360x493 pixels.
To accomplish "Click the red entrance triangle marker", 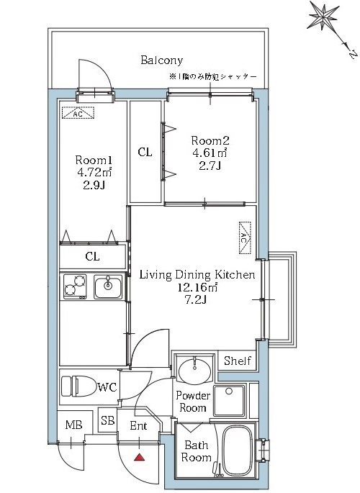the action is click(139, 457).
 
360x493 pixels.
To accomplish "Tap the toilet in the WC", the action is click(79, 386).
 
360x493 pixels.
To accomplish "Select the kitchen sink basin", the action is click(108, 287).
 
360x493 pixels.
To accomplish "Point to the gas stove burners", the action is click(75, 286).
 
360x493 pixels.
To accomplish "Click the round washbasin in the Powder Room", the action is click(195, 371).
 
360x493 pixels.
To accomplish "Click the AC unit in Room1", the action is click(78, 113).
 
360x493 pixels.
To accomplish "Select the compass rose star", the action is click(323, 16).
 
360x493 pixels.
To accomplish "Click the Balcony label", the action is click(161, 60).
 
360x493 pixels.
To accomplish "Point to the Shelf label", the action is click(238, 361).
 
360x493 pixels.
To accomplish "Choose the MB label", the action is click(74, 425).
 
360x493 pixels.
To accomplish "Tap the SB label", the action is click(108, 420).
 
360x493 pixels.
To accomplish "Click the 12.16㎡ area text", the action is click(198, 287).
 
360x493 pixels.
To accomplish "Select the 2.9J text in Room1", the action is click(94, 185).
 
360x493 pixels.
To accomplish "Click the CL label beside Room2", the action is click(145, 152).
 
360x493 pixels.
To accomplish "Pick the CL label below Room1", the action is click(92, 256).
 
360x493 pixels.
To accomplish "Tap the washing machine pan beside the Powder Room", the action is click(229, 400).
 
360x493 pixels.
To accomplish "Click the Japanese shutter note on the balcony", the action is click(213, 77).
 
